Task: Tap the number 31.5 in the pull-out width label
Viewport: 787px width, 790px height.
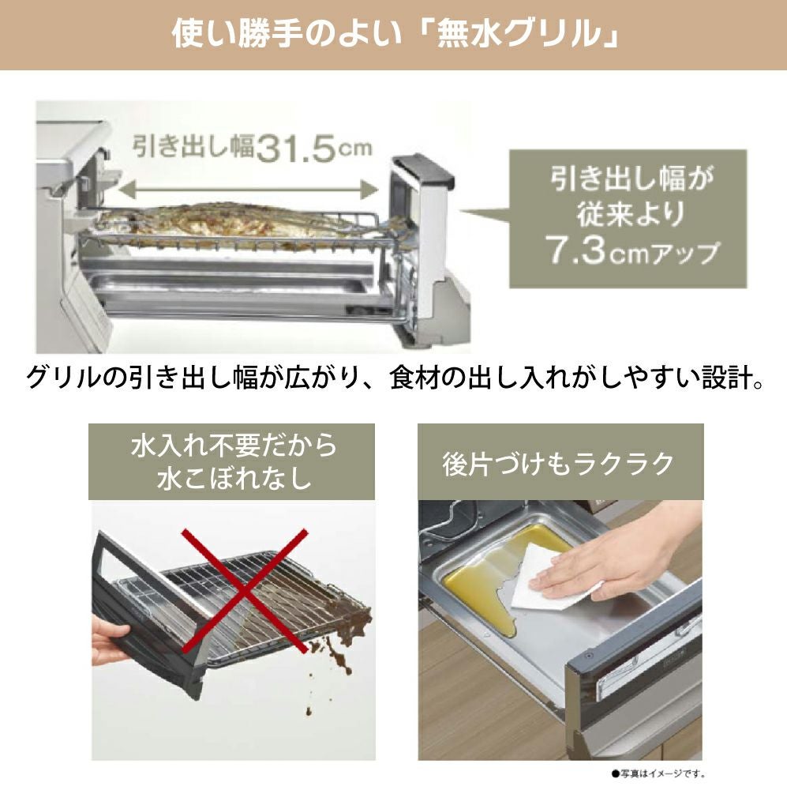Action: (295, 149)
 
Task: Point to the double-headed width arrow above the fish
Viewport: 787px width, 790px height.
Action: (248, 190)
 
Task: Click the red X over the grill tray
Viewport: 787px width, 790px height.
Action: (245, 591)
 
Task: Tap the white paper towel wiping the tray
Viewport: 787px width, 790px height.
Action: (557, 579)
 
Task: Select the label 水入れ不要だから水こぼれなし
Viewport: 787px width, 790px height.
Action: (233, 461)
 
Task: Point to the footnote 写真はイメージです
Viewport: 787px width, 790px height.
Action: (660, 773)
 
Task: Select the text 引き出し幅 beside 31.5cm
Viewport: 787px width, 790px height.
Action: (193, 147)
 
